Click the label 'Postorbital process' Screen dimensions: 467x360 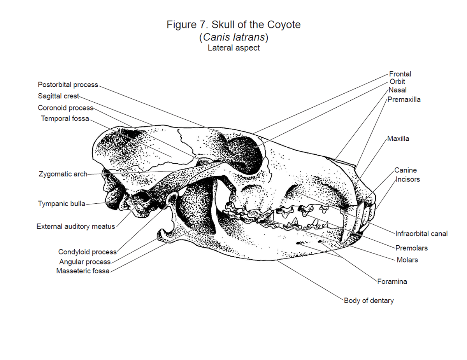point(68,85)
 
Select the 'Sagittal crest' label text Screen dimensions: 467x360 point(58,96)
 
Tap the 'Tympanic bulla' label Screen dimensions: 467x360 point(61,203)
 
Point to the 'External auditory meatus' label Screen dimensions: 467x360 point(76,226)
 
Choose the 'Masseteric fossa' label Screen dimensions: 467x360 point(83,271)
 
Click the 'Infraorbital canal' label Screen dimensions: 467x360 point(421,234)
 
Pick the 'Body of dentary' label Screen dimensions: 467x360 point(369,300)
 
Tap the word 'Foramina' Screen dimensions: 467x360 point(392,281)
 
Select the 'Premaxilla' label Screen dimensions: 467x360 point(404,100)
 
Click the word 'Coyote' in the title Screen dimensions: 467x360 point(284,25)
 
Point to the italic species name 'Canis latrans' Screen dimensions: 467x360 point(234,37)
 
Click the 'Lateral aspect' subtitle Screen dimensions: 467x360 point(233,48)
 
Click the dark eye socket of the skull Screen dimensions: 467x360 point(245,155)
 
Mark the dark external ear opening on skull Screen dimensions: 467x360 point(144,197)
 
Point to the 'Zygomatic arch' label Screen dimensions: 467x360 point(63,174)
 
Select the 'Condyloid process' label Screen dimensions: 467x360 point(88,252)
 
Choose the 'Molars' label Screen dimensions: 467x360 point(407,260)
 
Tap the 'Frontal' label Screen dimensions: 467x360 point(400,74)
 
